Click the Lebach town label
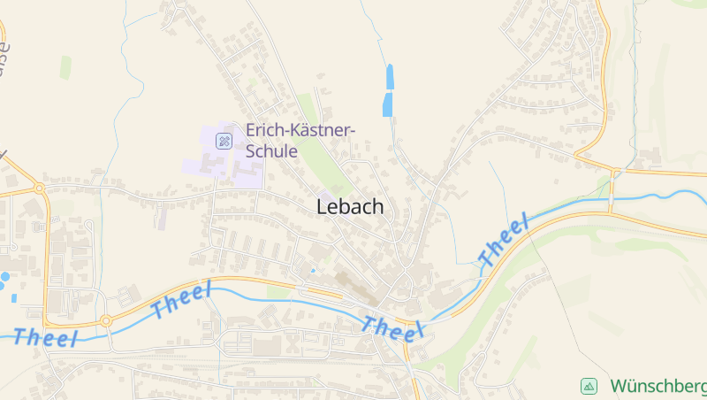coord(350,206)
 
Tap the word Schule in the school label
coord(270,150)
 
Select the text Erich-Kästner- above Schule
coord(300,130)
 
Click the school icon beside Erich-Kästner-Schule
coord(224,140)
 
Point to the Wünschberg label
coord(658,387)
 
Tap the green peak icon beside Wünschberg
coord(589,386)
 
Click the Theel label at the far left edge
coord(46,336)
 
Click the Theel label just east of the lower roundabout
coord(182,301)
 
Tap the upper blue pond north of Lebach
coord(390,76)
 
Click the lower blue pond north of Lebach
coord(387,104)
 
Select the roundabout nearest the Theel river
coord(106,320)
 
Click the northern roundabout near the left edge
coord(38,188)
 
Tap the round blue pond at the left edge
coord(4,277)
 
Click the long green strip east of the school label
coord(317,142)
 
